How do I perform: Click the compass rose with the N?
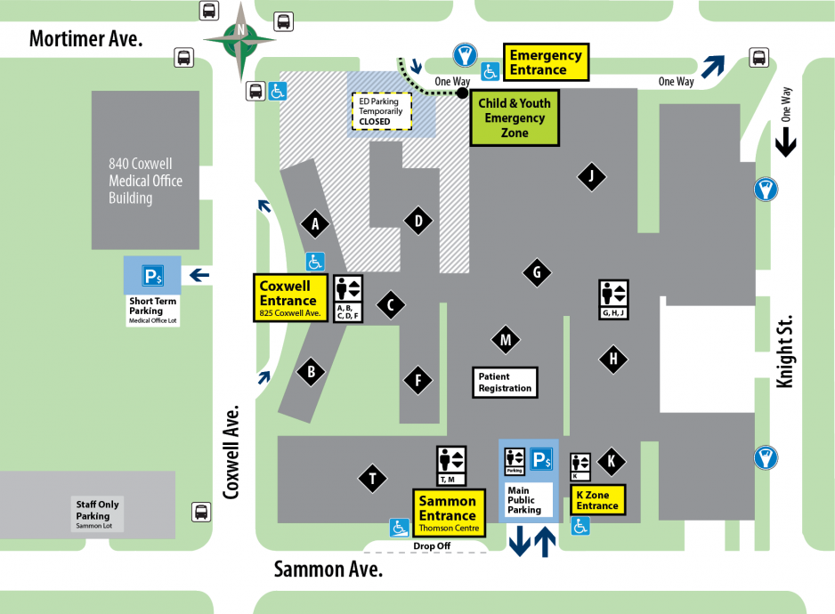click(239, 39)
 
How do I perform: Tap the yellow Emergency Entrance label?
click(546, 62)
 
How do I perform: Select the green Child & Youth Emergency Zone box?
click(515, 117)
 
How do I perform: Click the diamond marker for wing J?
click(590, 176)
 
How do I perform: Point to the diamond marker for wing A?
click(315, 225)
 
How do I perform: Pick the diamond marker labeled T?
click(372, 480)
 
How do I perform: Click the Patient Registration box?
click(505, 383)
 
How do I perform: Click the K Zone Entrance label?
click(596, 500)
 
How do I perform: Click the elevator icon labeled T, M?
click(450, 466)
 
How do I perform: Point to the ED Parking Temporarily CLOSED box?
click(381, 110)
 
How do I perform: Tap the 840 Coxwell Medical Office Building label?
click(145, 181)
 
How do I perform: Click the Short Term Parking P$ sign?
click(152, 276)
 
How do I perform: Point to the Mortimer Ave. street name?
click(85, 39)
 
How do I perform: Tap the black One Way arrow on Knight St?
click(785, 141)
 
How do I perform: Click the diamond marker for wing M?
click(505, 339)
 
